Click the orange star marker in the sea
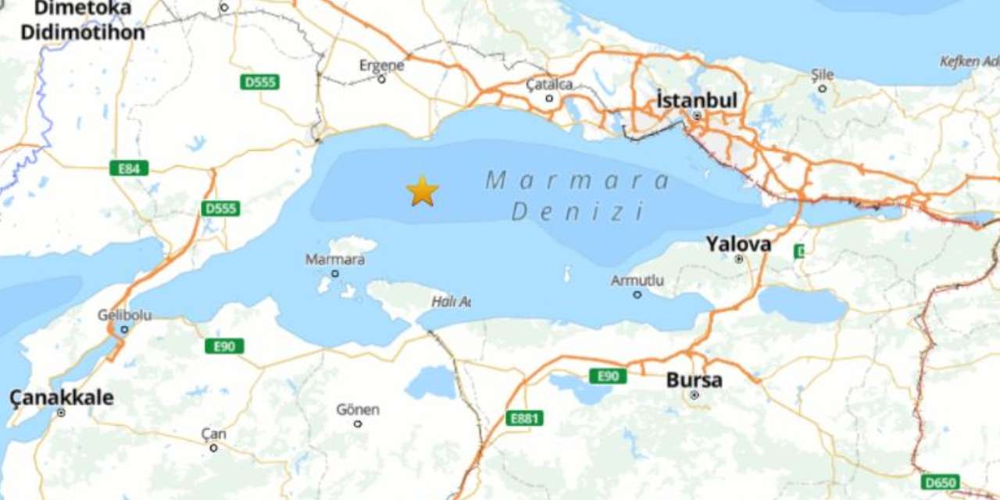click(x=422, y=191)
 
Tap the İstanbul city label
click(x=696, y=101)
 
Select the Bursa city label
click(x=694, y=380)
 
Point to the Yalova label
click(x=738, y=244)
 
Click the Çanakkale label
click(x=61, y=398)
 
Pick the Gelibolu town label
click(x=124, y=315)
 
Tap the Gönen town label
click(x=358, y=409)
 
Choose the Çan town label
click(x=213, y=434)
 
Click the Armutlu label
click(x=637, y=280)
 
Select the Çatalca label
click(x=548, y=84)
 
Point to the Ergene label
click(x=381, y=66)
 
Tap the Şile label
click(x=822, y=75)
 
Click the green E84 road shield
click(x=129, y=168)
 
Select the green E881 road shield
click(x=523, y=419)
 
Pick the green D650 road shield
click(x=940, y=482)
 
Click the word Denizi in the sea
click(x=578, y=212)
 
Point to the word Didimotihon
click(x=83, y=33)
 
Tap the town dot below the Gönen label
click(x=358, y=423)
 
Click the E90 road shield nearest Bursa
click(x=608, y=377)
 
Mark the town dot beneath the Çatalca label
click(x=549, y=98)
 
